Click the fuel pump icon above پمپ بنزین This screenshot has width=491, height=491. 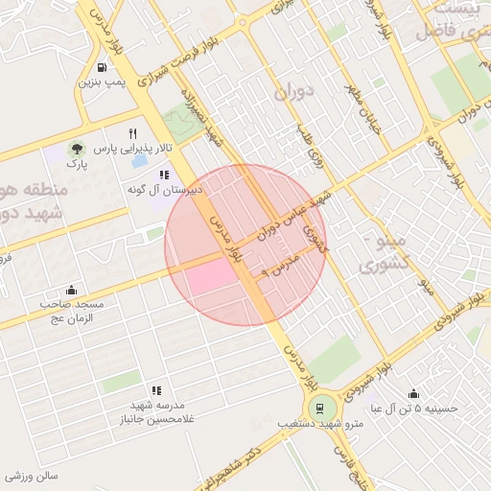[103, 68]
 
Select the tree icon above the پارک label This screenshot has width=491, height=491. [75, 150]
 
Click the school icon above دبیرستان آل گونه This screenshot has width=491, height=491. [163, 175]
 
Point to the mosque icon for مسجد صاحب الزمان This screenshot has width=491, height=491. [71, 290]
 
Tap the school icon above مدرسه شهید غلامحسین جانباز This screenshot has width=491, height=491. [155, 390]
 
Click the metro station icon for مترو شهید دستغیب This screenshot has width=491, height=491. [325, 408]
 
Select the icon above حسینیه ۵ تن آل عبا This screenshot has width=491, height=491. [413, 393]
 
